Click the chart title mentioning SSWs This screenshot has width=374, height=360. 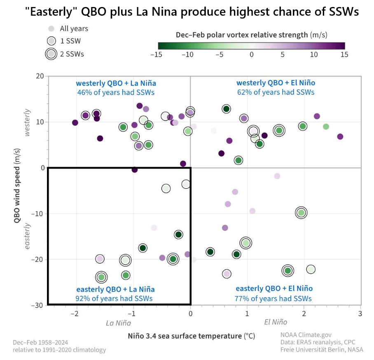pos(192,12)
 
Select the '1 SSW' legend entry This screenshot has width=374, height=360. pos(65,41)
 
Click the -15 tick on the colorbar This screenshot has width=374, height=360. pos(158,54)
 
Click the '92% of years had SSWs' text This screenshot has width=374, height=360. pos(114,298)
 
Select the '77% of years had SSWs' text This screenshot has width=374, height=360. pos(273,298)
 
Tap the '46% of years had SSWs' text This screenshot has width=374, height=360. pos(116,92)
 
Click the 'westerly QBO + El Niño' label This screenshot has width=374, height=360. pos(276,83)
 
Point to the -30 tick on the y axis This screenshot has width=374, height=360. pos(39,305)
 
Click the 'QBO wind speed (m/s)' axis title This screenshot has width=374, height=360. pos(17,190)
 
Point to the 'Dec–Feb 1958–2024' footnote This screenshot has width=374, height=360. pos(40,342)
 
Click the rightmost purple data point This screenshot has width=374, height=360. pos(340,136)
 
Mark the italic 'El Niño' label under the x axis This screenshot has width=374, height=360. pos(276,322)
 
